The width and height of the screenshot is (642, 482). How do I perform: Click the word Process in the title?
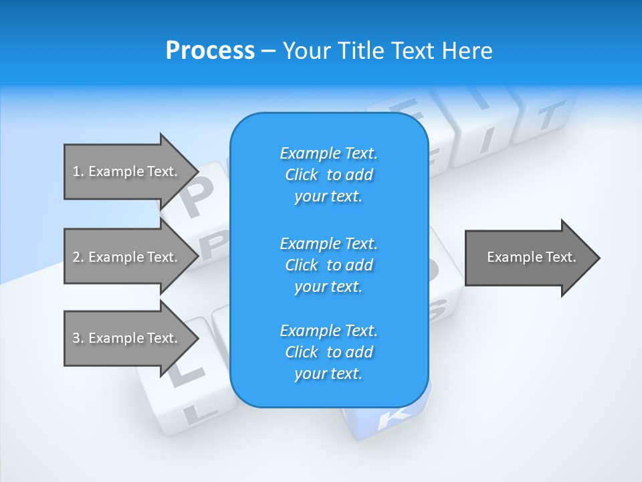[x=210, y=51]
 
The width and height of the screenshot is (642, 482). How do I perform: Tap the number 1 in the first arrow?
[x=76, y=171]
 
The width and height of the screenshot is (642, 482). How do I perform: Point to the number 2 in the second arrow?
[x=76, y=257]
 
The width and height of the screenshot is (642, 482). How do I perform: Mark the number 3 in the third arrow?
[x=76, y=338]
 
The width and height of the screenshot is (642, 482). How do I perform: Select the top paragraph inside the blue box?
[x=328, y=175]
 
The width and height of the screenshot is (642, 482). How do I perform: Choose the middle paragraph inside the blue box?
[x=328, y=264]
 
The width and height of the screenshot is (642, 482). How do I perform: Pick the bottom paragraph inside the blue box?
[x=328, y=352]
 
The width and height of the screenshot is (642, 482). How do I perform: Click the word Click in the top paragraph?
[x=301, y=175]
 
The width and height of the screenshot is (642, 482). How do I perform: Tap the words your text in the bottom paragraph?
[x=328, y=374]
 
